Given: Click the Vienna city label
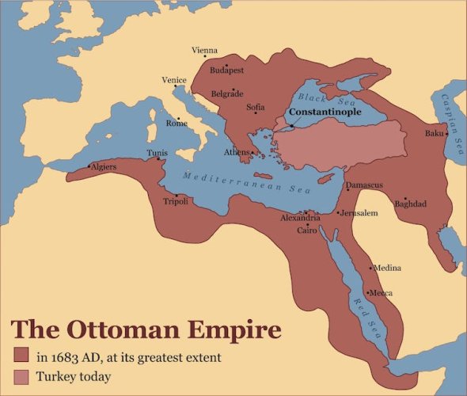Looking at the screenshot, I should click(204, 51).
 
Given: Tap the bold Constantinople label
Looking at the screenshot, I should click(325, 112).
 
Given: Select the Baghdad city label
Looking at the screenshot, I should click(411, 204).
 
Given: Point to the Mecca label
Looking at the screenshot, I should click(382, 293).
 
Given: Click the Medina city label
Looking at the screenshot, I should click(387, 268).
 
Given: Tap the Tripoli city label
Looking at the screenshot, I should click(175, 202).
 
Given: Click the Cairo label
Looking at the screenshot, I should click(307, 230).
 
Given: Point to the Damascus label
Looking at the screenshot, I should click(365, 185).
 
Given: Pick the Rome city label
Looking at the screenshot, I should click(177, 124).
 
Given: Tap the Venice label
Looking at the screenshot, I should click(174, 80).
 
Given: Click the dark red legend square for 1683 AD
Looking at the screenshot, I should click(21, 356).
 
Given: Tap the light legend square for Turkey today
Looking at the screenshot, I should click(21, 377).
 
